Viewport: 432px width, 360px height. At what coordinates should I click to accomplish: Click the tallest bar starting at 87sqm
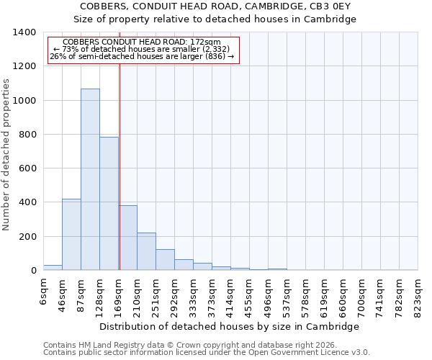click(x=90, y=180)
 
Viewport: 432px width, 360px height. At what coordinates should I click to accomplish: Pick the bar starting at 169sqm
click(x=128, y=238)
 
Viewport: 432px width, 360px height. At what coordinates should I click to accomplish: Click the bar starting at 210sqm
click(x=146, y=251)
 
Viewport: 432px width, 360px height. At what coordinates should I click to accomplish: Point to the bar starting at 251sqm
click(x=165, y=260)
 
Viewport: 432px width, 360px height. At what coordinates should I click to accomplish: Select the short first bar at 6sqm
click(x=53, y=268)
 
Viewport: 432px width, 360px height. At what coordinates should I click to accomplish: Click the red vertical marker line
click(x=120, y=166)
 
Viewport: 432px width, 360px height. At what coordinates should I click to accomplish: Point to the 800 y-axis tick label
click(x=27, y=135)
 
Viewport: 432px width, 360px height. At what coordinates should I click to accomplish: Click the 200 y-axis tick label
click(x=27, y=237)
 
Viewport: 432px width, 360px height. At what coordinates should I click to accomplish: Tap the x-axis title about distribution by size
click(x=229, y=326)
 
